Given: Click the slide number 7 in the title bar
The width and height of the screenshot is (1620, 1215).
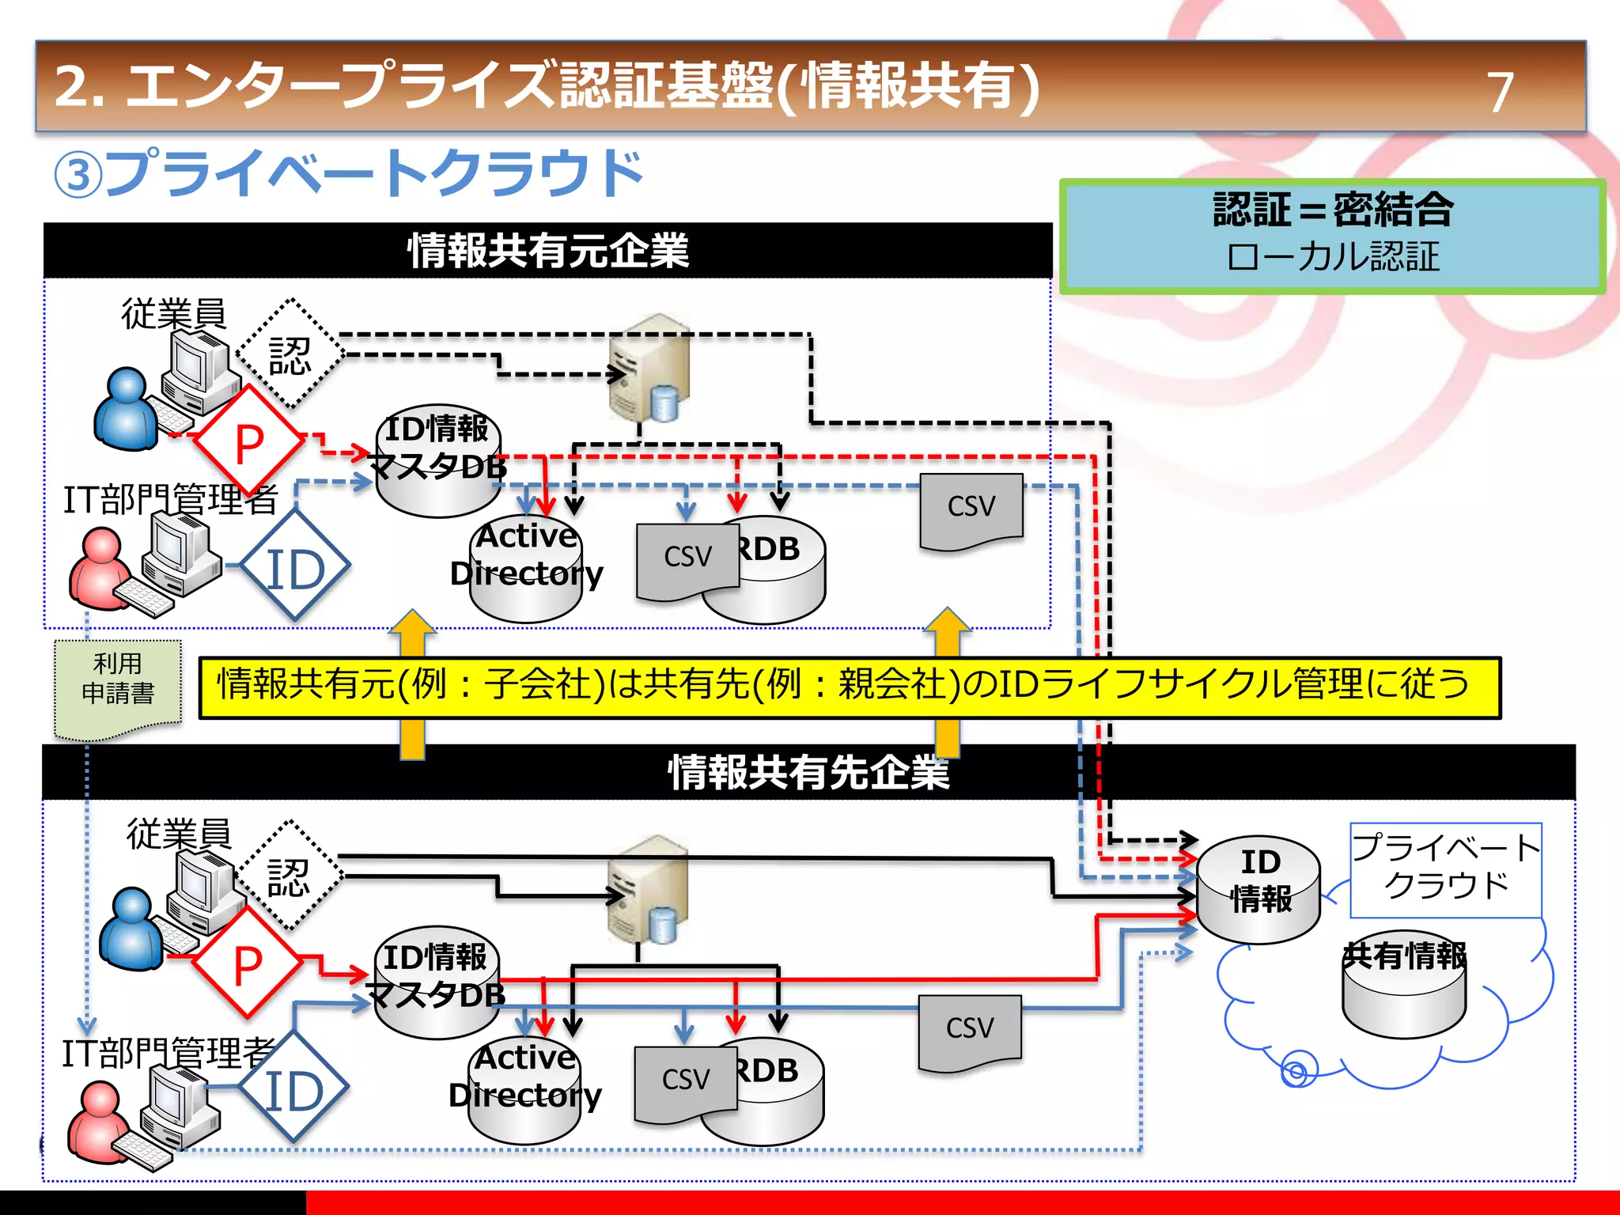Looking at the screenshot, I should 1500,92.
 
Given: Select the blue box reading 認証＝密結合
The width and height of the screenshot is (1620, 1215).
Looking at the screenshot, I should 1332,236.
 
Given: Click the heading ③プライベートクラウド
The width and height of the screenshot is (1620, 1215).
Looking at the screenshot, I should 348,173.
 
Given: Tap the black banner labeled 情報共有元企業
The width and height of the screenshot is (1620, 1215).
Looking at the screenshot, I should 547,251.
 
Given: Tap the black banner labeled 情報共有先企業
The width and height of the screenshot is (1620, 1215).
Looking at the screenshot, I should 808,772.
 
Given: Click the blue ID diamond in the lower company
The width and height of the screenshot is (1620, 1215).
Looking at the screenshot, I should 293,1089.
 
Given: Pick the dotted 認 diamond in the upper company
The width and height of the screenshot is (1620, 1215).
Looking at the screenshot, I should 290,354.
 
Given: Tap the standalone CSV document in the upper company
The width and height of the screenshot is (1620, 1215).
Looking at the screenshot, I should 971,510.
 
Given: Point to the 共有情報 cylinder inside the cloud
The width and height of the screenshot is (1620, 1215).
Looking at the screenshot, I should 1404,989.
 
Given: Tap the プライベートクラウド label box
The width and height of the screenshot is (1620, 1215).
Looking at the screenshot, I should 1445,869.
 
